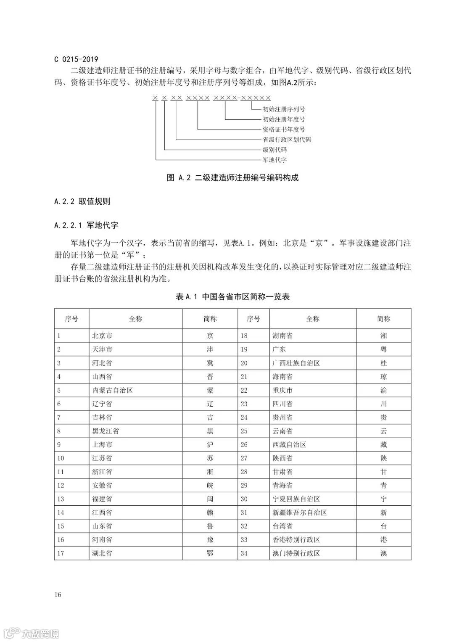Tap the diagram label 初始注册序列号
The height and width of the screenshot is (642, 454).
click(x=284, y=109)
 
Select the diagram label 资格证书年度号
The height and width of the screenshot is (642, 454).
click(x=284, y=129)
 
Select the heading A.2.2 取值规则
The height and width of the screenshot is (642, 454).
click(x=82, y=201)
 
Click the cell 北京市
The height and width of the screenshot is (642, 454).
click(x=102, y=336)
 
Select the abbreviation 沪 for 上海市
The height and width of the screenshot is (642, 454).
click(x=210, y=444)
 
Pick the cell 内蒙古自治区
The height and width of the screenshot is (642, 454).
click(x=112, y=390)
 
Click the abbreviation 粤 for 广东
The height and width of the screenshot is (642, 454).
click(x=383, y=349)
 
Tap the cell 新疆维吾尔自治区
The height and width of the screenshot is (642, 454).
click(x=300, y=513)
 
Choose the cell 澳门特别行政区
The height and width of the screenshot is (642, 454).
click(x=296, y=553)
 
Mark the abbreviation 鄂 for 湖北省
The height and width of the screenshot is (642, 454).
click(x=210, y=553)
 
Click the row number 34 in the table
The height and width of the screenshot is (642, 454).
click(x=244, y=553)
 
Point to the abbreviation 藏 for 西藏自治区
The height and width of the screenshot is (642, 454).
click(x=383, y=444)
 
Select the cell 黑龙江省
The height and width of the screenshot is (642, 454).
click(x=106, y=431)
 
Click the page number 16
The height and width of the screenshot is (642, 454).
click(x=58, y=594)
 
